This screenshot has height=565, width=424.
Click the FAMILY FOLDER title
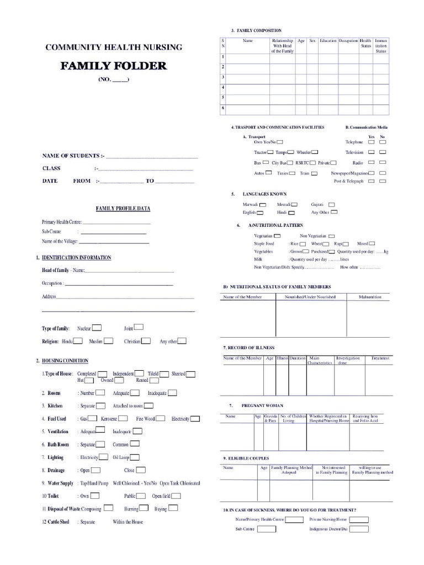coord(113,66)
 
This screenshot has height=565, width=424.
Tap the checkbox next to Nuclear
coord(96,327)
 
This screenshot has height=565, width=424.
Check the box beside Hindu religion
coord(78,341)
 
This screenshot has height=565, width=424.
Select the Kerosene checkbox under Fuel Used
coord(123,418)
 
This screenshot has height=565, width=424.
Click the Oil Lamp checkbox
coord(134,457)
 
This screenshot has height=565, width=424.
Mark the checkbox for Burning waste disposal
coord(143,508)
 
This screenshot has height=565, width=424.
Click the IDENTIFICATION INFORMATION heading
coord(76,258)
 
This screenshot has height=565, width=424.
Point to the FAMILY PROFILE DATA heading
coord(123,209)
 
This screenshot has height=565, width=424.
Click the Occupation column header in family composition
coord(348,41)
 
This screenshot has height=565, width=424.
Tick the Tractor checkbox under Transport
coord(271,152)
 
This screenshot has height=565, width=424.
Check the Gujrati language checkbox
coord(334,204)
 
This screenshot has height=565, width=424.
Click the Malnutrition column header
coord(370,297)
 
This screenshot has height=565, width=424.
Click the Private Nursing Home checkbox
coord(359,519)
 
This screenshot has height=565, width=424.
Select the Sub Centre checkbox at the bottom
coord(267,529)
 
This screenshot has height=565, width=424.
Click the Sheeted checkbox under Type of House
coord(190,374)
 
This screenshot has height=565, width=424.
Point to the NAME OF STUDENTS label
coord(70,156)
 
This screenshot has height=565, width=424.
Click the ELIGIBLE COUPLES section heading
coord(246,459)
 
